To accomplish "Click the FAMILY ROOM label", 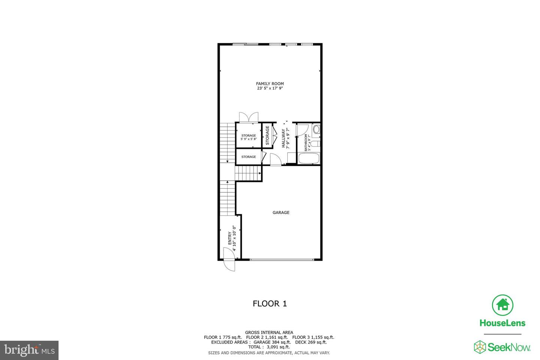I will click(x=270, y=84).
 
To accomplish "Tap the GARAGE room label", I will click(x=281, y=213).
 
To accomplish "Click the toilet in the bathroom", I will click(x=315, y=143).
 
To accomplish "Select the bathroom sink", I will click(x=316, y=130).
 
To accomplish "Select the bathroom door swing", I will click(x=301, y=130).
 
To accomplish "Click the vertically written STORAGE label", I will click(x=267, y=135).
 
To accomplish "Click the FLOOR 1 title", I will click(x=270, y=304).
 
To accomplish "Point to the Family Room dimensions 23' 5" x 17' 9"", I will click(x=270, y=88).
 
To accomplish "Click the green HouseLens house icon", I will click(x=502, y=305).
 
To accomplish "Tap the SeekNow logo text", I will click(x=509, y=347).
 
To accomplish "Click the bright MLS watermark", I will click(x=29, y=350).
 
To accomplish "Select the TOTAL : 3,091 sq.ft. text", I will click(x=269, y=347).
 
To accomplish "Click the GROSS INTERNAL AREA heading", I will click(x=269, y=332).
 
